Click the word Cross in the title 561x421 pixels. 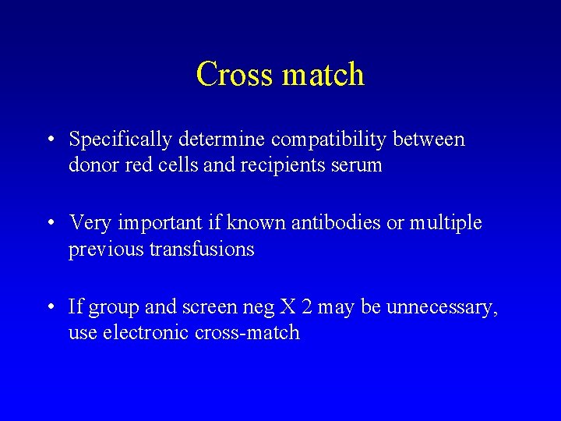point(235,75)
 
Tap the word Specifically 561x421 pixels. point(120,140)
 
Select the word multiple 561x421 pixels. point(446,224)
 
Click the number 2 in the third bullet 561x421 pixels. point(306,307)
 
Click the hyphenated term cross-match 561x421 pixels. point(247,333)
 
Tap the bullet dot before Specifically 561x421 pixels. point(50,141)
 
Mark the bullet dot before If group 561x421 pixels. point(50,308)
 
